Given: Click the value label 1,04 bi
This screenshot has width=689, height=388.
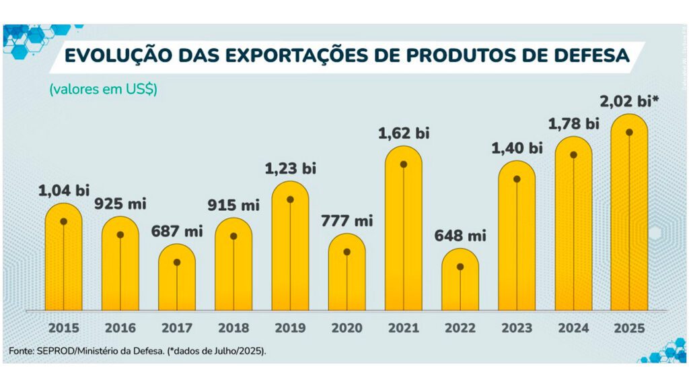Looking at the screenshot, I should (63, 191).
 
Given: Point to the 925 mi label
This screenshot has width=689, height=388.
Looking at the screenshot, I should (120, 203).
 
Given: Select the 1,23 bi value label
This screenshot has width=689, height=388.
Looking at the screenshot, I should (290, 168).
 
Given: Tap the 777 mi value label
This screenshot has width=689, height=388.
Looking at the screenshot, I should (347, 220).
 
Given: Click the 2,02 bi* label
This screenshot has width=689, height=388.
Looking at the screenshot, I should (628, 102).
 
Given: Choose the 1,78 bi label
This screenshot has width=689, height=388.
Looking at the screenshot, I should (573, 124).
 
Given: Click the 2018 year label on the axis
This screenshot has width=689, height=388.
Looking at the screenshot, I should (233, 329).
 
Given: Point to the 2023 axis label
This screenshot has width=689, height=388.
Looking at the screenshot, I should (517, 329).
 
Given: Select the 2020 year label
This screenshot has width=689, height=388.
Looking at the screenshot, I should (347, 329).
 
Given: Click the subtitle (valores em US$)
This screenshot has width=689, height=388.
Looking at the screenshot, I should (103, 90).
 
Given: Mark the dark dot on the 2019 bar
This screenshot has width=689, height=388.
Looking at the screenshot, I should (290, 199).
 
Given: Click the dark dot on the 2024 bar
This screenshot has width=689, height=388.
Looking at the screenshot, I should (573, 155).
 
